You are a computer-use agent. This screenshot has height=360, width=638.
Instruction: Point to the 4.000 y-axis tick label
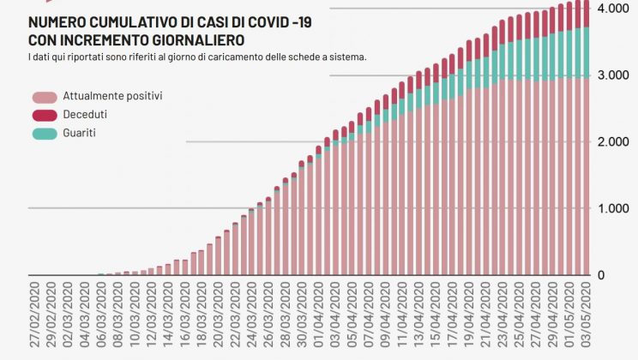point(614,8)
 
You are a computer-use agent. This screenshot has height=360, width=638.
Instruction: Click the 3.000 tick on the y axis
point(614,75)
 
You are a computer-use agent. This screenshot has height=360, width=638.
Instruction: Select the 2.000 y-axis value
point(614,142)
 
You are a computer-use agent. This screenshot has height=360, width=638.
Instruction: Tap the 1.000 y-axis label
point(614,209)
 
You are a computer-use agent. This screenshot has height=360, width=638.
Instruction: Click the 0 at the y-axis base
point(626,276)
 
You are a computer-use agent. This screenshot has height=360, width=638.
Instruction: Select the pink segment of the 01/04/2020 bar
point(318,214)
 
